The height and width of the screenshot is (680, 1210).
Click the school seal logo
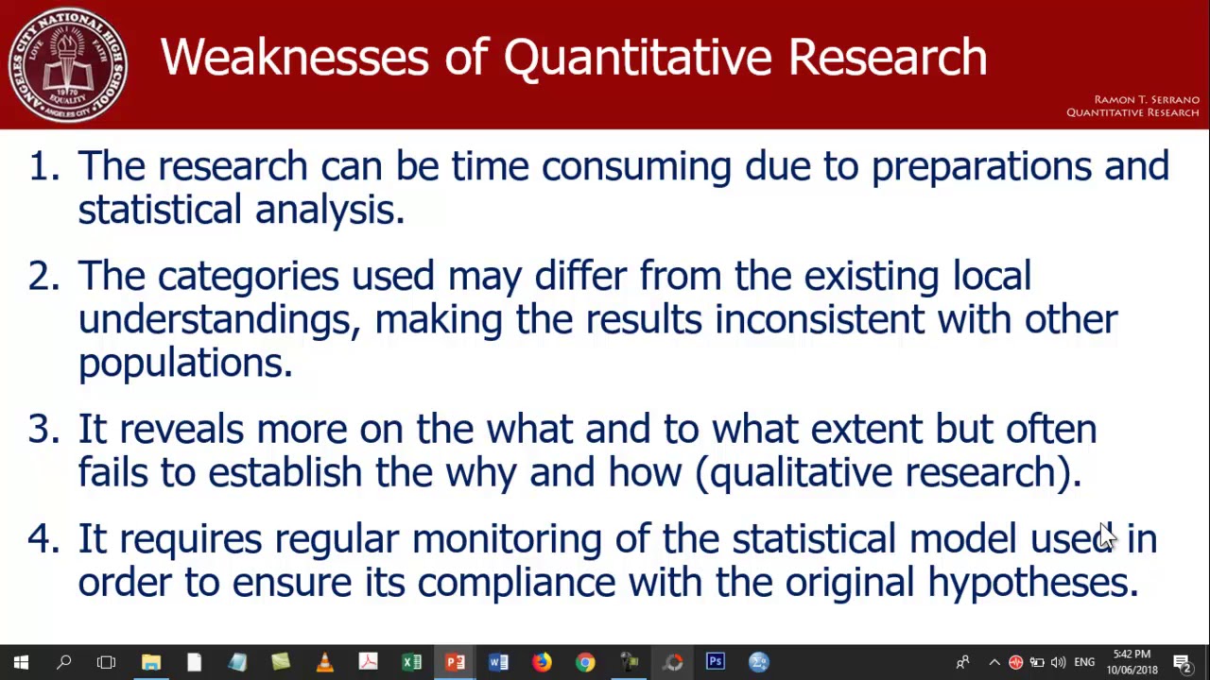(x=67, y=64)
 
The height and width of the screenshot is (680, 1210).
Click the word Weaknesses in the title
(x=294, y=58)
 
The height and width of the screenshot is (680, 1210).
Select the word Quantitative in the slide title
(x=638, y=58)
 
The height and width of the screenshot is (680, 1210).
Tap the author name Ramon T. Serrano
(x=1146, y=99)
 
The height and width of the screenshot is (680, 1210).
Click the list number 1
(x=42, y=166)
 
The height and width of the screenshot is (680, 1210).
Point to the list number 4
(x=42, y=539)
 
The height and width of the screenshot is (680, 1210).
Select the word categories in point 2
(x=248, y=277)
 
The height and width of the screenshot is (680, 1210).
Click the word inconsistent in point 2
(x=819, y=319)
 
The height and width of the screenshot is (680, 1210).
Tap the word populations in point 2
(x=185, y=364)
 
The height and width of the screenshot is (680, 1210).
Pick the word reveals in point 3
(x=181, y=430)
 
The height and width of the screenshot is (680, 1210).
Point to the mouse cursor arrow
(x=1105, y=534)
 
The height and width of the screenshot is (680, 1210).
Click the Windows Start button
(x=21, y=662)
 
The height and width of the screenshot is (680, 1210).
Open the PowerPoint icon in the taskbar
(x=455, y=662)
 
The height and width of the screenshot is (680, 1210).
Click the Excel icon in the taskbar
(x=411, y=662)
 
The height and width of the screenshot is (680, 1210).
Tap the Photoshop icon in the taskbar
(x=716, y=662)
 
